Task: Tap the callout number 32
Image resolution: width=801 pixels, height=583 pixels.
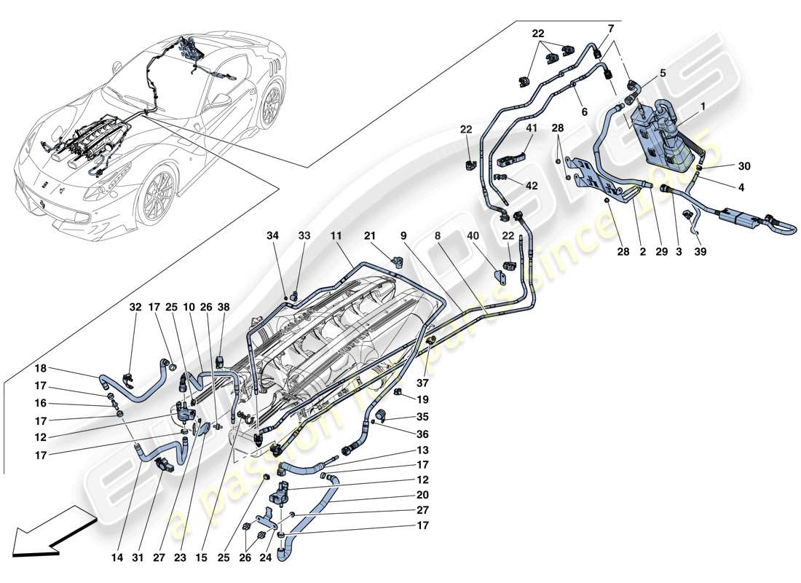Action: [135, 307]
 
